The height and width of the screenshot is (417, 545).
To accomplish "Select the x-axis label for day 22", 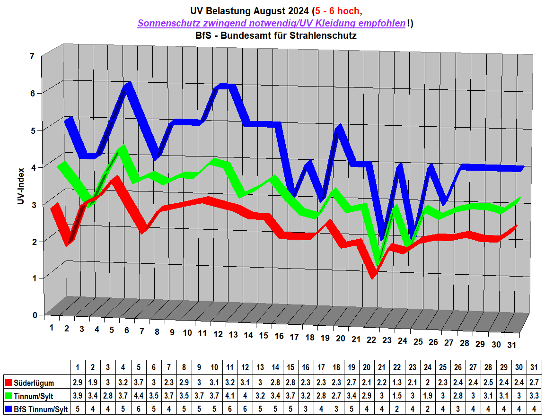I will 371,340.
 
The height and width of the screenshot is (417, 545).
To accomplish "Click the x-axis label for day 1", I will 52,327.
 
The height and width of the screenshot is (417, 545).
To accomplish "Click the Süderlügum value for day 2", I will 93,382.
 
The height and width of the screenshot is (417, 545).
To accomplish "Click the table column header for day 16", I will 306,367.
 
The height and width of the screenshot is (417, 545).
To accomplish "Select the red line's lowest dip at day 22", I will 373,274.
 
